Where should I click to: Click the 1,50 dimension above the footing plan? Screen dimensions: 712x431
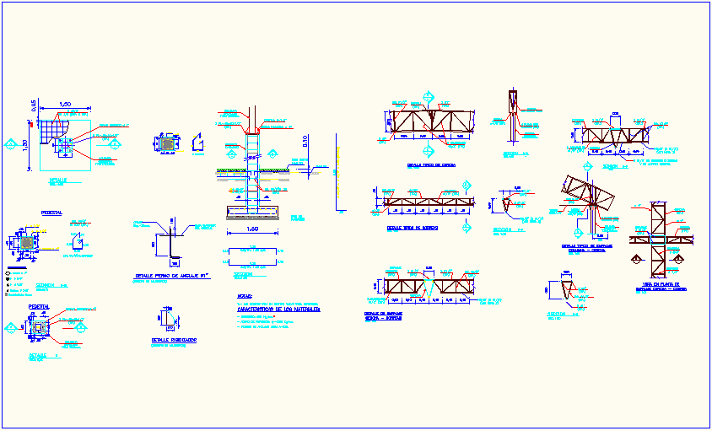pos(64,105)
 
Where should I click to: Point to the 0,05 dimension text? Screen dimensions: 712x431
pos(35,105)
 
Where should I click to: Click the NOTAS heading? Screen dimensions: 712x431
pos(244,296)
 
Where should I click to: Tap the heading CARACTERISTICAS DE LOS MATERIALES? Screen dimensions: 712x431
pos(272,310)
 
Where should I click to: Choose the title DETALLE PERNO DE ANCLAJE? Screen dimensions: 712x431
pos(172,276)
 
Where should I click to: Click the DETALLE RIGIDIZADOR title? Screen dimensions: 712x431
pos(169,340)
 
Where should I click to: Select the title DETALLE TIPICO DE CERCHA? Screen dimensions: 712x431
pos(431,166)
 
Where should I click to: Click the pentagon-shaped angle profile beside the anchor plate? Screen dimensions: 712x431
pos(197,143)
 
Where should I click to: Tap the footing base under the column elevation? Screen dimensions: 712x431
pos(254,209)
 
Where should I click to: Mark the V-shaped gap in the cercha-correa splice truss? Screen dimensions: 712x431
pos(431,284)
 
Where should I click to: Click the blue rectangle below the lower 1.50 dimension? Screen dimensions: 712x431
pos(252,251)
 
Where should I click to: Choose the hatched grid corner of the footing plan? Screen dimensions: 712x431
pos(54,128)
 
